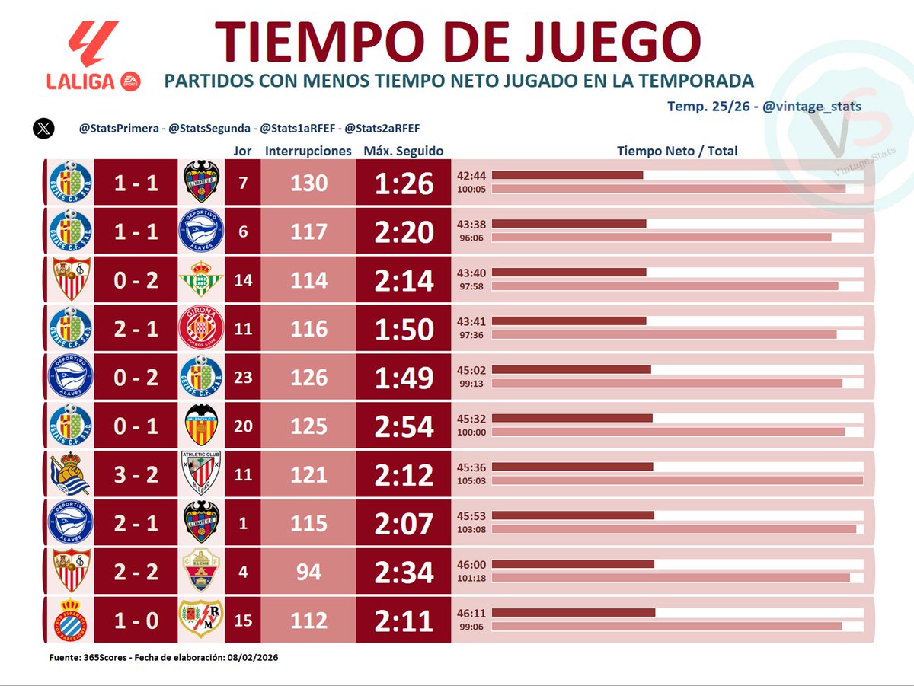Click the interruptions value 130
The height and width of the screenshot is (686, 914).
308,183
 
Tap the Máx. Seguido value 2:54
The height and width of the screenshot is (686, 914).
404,426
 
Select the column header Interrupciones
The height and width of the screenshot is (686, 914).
308,151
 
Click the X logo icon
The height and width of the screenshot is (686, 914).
43,128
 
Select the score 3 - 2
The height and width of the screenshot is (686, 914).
136,475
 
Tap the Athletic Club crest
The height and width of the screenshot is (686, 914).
201,474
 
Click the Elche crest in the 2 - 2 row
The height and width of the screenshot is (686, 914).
201,572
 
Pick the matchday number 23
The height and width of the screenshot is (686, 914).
243,378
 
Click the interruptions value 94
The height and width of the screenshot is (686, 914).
308,573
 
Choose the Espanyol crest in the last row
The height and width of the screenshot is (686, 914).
70,621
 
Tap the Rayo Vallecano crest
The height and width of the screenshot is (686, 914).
201,621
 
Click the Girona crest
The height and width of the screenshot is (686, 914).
201,329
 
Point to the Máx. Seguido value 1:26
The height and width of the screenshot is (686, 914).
404,183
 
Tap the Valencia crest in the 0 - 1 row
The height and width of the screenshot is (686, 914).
201,426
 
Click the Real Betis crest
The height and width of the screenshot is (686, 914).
201,279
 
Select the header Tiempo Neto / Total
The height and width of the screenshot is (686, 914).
676,151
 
